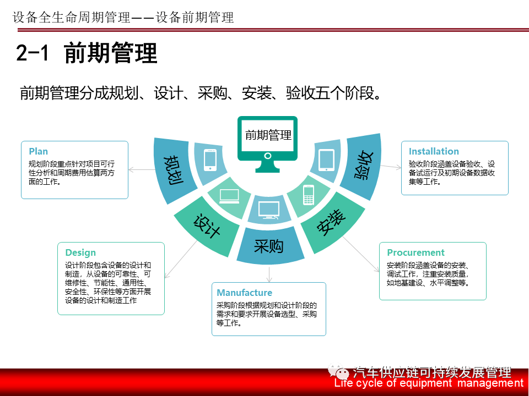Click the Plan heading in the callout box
(39, 151)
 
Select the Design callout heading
(80, 252)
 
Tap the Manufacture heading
(245, 293)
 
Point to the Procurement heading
(415, 252)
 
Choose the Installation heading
(434, 151)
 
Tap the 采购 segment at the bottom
(268, 246)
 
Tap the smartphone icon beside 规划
(210, 159)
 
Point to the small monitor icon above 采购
(269, 210)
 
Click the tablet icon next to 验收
(326, 159)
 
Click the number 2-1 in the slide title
(33, 53)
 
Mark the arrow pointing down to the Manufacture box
(269, 274)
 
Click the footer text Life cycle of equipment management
(429, 383)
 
